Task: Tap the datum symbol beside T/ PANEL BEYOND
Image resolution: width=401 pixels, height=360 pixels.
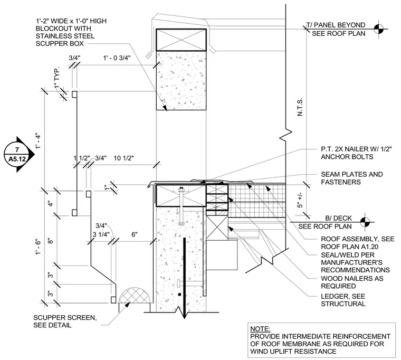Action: (x=379, y=29)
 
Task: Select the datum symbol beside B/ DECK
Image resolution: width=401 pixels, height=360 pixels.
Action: (x=365, y=222)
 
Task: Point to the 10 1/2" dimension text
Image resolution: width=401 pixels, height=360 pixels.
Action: (x=124, y=158)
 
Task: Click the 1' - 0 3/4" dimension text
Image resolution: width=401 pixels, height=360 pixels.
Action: (x=117, y=58)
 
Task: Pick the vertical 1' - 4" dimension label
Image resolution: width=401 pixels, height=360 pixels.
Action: (x=38, y=140)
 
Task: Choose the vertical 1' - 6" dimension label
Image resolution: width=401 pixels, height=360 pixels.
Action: (x=38, y=247)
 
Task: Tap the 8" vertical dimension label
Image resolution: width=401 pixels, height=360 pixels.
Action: (x=51, y=241)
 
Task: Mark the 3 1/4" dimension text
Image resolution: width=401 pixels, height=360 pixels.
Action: (x=101, y=234)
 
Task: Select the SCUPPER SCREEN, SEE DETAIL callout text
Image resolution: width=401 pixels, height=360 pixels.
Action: (x=65, y=321)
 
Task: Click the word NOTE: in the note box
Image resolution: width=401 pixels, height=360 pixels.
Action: (x=260, y=329)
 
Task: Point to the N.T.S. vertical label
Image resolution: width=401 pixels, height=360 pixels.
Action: (x=300, y=107)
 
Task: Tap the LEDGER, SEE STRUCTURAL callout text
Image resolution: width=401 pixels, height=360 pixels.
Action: (x=343, y=300)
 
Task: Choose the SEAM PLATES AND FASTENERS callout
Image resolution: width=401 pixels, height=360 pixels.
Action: (x=351, y=178)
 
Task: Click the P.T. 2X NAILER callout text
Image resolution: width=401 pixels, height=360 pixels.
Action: (x=356, y=153)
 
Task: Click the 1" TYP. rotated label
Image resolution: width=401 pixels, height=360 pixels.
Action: (x=58, y=78)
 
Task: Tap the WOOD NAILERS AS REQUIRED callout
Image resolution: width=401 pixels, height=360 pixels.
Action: (x=352, y=282)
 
